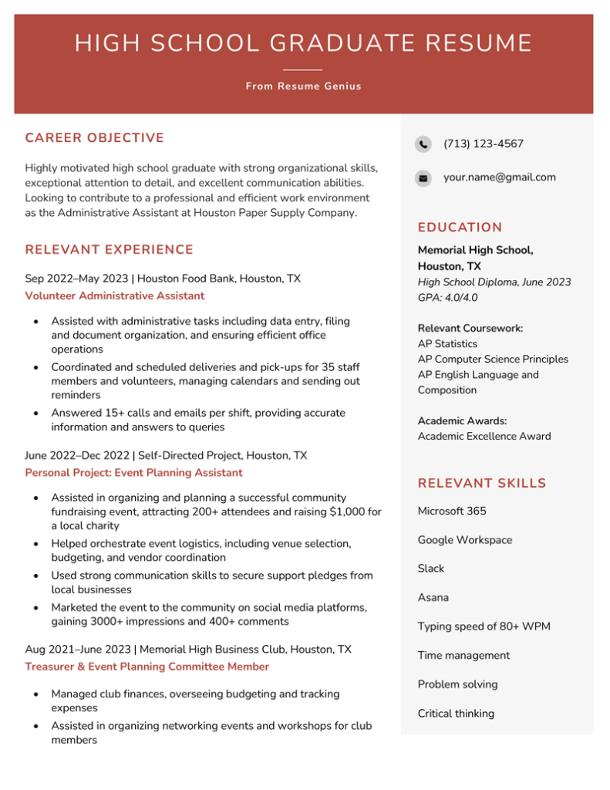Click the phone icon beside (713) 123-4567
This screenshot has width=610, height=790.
[423, 144]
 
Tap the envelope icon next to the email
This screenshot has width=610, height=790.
[423, 178]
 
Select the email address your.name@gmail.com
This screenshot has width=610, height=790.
[499, 177]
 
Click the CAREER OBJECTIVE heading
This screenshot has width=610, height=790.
[95, 138]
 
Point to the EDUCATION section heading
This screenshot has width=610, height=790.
[460, 228]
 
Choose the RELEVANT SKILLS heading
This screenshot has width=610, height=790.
[481, 484]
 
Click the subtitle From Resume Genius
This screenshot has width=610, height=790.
[304, 86]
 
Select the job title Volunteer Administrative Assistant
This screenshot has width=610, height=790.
[115, 296]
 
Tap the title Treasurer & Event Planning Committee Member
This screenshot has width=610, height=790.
[147, 667]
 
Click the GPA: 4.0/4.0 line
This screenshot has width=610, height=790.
[447, 298]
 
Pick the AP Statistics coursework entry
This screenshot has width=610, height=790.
[447, 344]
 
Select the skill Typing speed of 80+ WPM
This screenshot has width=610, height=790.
[484, 626]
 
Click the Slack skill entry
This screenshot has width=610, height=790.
[431, 569]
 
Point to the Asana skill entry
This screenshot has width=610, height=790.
[433, 598]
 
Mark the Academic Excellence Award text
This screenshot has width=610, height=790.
[484, 437]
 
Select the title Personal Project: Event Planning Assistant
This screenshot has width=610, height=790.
[133, 473]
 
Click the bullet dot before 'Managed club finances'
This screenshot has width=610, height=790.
[35, 694]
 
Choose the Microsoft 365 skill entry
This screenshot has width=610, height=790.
[452, 511]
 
